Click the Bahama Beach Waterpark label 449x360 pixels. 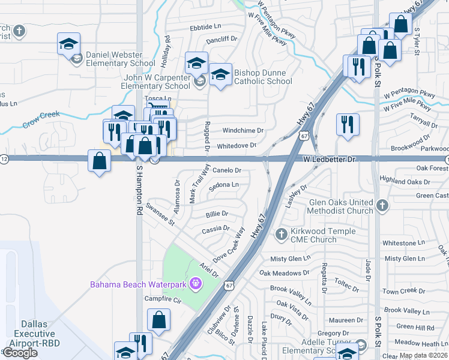click(x=139, y=284)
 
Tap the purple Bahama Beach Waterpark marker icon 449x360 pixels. click(x=194, y=283)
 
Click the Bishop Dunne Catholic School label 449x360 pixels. click(x=263, y=77)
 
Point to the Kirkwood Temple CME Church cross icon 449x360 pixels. click(x=281, y=233)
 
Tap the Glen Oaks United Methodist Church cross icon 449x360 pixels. click(x=382, y=206)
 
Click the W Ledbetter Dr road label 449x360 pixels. click(x=329, y=160)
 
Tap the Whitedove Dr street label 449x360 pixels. click(x=237, y=146)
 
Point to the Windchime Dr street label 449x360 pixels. click(x=243, y=130)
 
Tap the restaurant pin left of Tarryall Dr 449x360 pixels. click(x=348, y=124)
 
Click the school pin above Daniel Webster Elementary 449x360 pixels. click(x=68, y=43)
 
